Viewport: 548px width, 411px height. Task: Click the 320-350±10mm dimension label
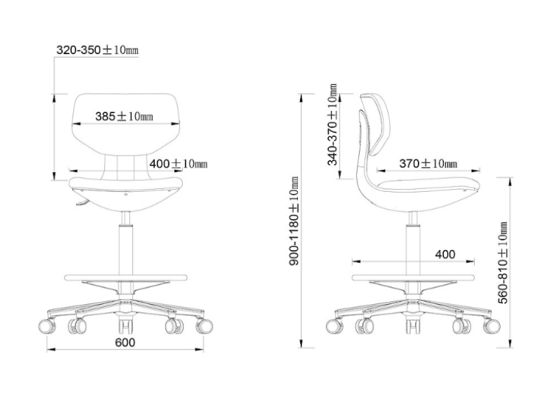click(97, 50)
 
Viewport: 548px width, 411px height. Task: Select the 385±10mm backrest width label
click(124, 116)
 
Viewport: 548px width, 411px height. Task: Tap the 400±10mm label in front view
click(178, 163)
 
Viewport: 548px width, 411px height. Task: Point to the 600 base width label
click(125, 342)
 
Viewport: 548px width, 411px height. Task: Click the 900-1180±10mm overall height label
click(294, 221)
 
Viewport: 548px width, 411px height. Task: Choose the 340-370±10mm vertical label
click(332, 125)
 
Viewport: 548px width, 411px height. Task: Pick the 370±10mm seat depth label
click(428, 163)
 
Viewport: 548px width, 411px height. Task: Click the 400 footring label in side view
click(445, 254)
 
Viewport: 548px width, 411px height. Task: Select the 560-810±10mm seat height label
click(502, 262)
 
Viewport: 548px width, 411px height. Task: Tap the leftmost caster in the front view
click(47, 326)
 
